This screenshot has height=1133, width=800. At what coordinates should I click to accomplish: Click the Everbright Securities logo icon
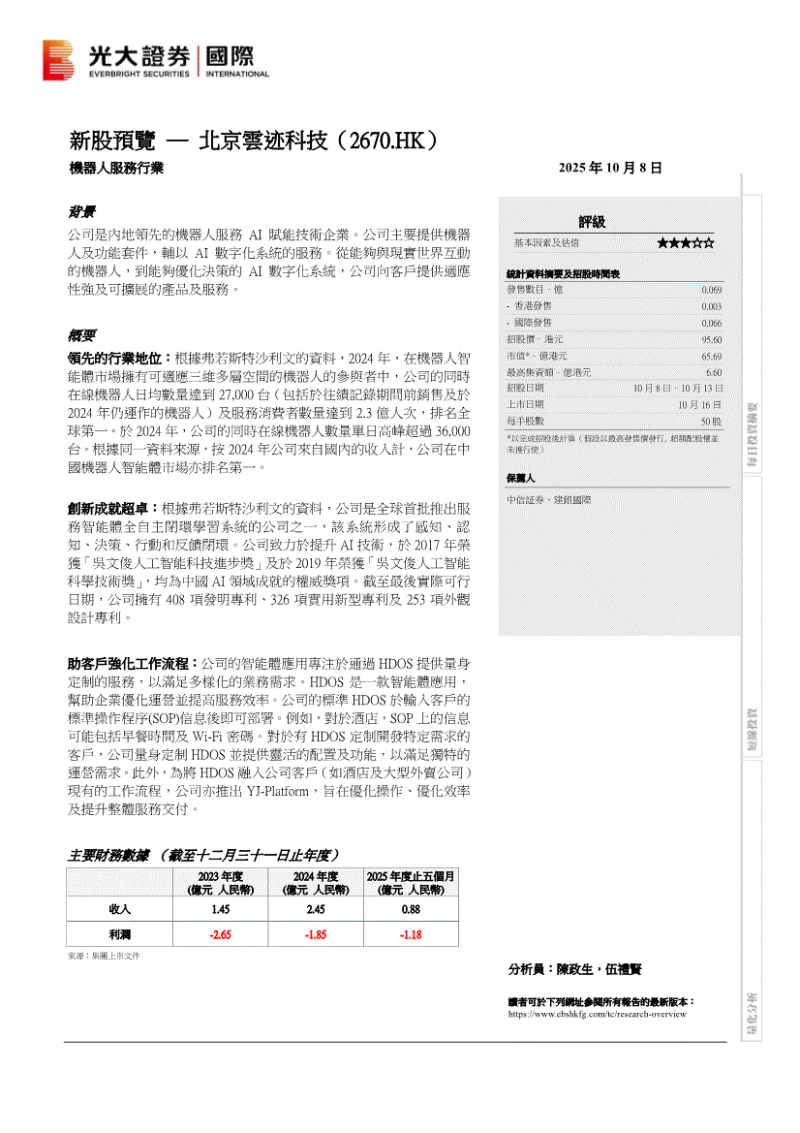(57, 60)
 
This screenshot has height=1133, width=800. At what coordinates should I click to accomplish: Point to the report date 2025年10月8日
(610, 168)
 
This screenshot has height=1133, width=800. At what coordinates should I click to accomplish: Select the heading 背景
(80, 211)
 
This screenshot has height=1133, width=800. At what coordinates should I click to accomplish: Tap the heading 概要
(80, 335)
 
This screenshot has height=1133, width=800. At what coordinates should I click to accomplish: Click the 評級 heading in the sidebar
(592, 222)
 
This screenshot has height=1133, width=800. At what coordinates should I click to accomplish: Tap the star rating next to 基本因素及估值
(686, 242)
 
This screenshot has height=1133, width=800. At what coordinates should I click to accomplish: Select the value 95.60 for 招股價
(711, 339)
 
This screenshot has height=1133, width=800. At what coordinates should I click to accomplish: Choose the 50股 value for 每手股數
(711, 422)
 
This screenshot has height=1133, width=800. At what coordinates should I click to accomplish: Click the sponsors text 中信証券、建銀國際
(548, 499)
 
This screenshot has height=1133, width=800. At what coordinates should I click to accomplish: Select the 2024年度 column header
(316, 883)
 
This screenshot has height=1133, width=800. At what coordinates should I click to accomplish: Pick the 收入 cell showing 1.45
(220, 909)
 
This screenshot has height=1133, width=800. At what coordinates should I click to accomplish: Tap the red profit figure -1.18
(411, 934)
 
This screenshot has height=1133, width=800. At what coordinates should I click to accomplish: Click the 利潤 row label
(120, 934)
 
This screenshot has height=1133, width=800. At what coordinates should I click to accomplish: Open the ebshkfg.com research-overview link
(597, 1014)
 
